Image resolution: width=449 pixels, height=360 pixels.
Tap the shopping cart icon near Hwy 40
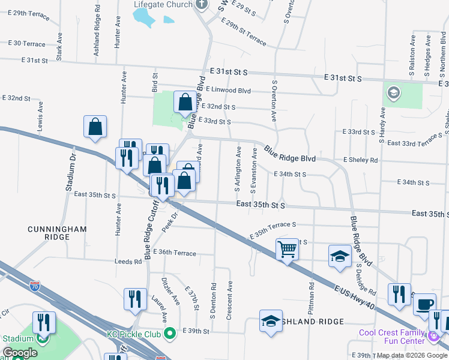click(288, 248)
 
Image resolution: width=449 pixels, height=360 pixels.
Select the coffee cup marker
click(425, 305)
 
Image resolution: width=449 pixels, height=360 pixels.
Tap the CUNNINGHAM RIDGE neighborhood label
click(57, 233)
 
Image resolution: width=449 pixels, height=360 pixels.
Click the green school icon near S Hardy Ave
click(393, 92)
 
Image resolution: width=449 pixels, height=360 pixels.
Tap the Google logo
click(20, 353)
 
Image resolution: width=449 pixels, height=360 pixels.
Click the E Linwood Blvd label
click(228, 90)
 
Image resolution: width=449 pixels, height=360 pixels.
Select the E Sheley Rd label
click(360, 160)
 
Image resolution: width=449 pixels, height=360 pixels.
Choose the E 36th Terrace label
click(175, 253)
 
